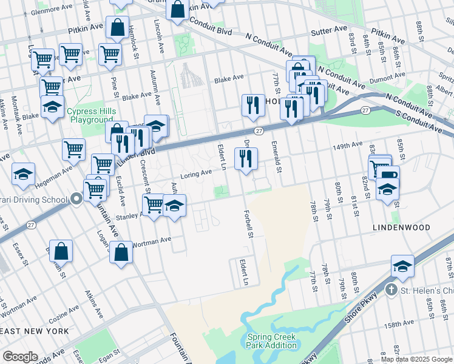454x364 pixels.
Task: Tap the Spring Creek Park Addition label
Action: pos(271,341)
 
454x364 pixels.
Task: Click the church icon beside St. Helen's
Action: pos(392,290)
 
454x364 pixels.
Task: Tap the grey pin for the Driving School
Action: pos(76,198)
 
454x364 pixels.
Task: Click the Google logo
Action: pos(21,357)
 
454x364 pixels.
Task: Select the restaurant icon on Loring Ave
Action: pos(246,160)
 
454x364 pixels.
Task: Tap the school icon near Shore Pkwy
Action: pos(402,266)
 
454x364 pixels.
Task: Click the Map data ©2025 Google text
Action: pos(416,359)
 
